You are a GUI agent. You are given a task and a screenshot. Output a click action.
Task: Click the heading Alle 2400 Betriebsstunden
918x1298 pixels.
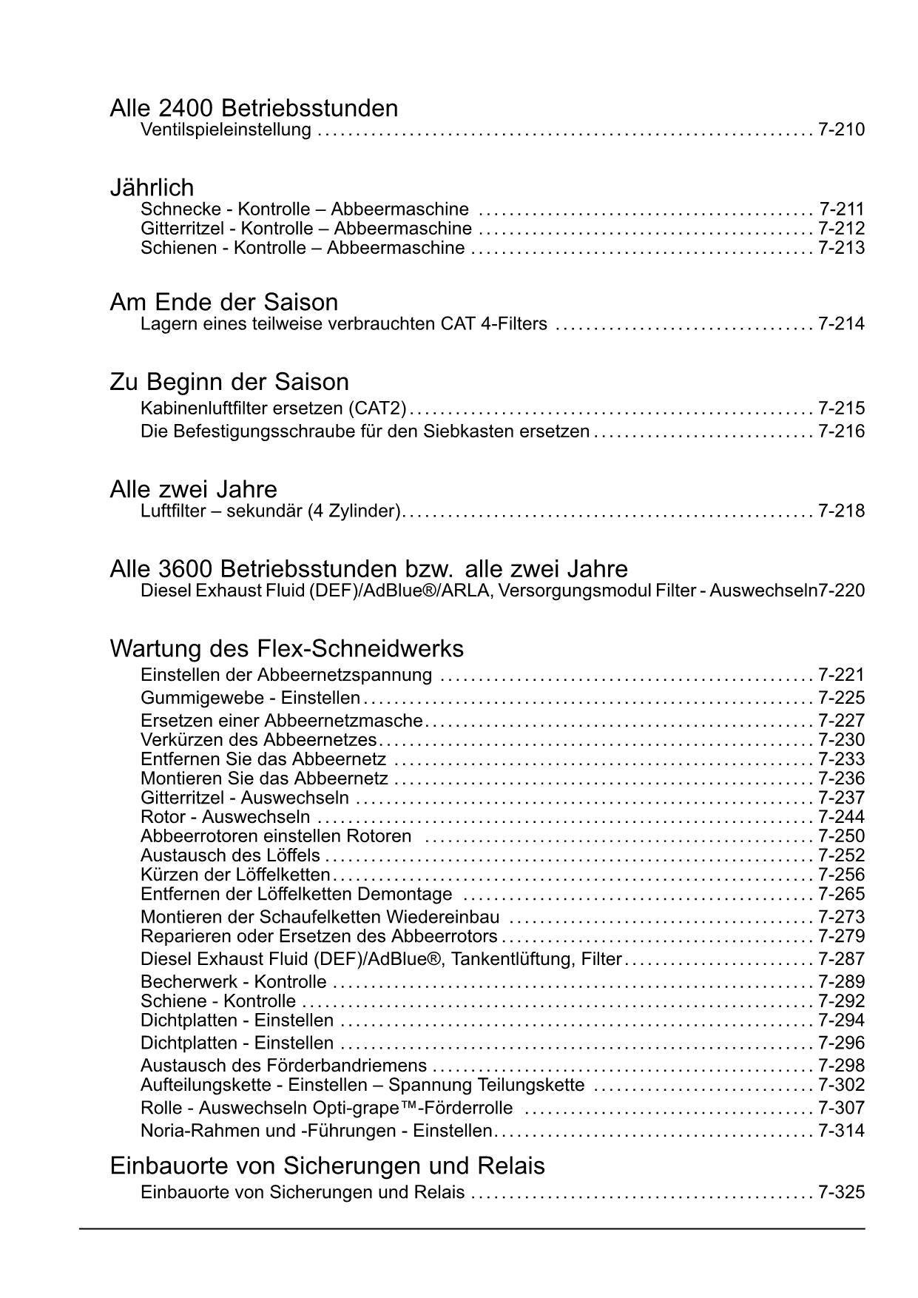(254, 109)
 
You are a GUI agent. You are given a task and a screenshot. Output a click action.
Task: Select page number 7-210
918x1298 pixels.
(841, 130)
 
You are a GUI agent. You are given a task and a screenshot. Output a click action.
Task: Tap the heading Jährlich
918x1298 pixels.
(152, 187)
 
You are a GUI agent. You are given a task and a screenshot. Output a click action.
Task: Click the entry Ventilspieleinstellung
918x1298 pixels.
(226, 130)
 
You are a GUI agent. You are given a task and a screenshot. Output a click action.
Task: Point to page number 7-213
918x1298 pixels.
(841, 248)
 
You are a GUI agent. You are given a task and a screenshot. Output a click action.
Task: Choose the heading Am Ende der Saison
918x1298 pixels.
(223, 302)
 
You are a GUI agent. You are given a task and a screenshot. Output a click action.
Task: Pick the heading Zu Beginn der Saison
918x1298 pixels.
(229, 382)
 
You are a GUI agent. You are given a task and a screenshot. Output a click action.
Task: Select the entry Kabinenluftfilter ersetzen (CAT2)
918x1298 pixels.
(273, 408)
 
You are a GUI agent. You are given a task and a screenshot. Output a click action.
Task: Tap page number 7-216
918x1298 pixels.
(841, 431)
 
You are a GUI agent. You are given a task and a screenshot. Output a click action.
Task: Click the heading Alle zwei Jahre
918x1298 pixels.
(193, 489)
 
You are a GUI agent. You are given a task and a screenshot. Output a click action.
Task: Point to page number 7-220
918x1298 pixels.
(842, 591)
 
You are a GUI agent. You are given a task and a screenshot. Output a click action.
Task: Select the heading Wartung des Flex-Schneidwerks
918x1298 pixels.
(286, 648)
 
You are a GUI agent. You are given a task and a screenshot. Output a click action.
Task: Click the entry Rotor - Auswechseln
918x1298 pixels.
(225, 818)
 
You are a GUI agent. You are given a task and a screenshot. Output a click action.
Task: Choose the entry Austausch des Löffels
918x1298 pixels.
(230, 856)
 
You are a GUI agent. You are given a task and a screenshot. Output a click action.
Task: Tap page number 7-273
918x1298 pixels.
(841, 918)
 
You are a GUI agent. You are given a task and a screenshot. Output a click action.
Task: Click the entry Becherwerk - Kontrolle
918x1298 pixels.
(233, 982)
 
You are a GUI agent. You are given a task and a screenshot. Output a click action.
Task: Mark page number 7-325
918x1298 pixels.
(841, 1193)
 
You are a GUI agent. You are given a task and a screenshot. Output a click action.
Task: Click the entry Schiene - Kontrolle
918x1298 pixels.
(217, 1001)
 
